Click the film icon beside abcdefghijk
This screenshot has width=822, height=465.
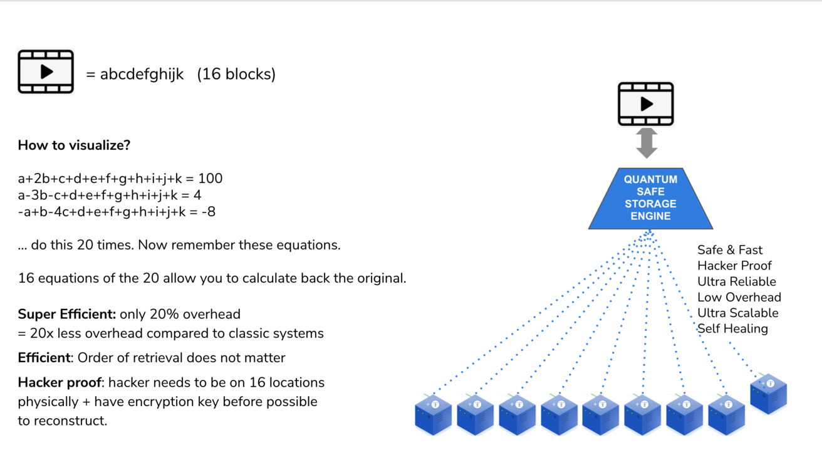tap(46, 72)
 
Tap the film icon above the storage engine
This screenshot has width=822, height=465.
tap(645, 104)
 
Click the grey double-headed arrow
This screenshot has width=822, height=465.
tap(646, 143)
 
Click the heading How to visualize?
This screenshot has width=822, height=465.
tap(74, 145)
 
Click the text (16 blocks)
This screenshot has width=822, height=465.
tap(236, 74)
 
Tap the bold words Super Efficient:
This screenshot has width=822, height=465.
tap(67, 314)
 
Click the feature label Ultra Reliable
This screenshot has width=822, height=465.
tap(736, 281)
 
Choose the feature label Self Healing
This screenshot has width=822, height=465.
tap(732, 328)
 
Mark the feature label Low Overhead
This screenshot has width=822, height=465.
tap(739, 297)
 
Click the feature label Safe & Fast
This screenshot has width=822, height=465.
tap(729, 250)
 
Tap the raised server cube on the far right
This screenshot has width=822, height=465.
tap(768, 394)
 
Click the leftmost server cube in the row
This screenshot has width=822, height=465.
tap(433, 415)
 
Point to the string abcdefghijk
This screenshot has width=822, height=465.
tap(142, 74)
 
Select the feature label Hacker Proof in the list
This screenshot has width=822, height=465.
tap(734, 266)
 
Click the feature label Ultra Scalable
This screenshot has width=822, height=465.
tap(737, 313)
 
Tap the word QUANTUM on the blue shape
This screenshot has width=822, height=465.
tap(650, 180)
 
